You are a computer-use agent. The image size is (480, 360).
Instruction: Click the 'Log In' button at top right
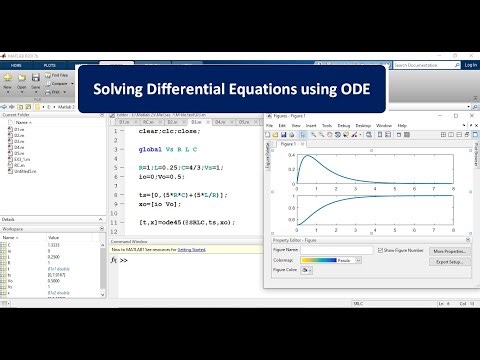click(x=466, y=65)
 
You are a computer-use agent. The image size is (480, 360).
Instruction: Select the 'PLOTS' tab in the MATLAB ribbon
click(x=48, y=65)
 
